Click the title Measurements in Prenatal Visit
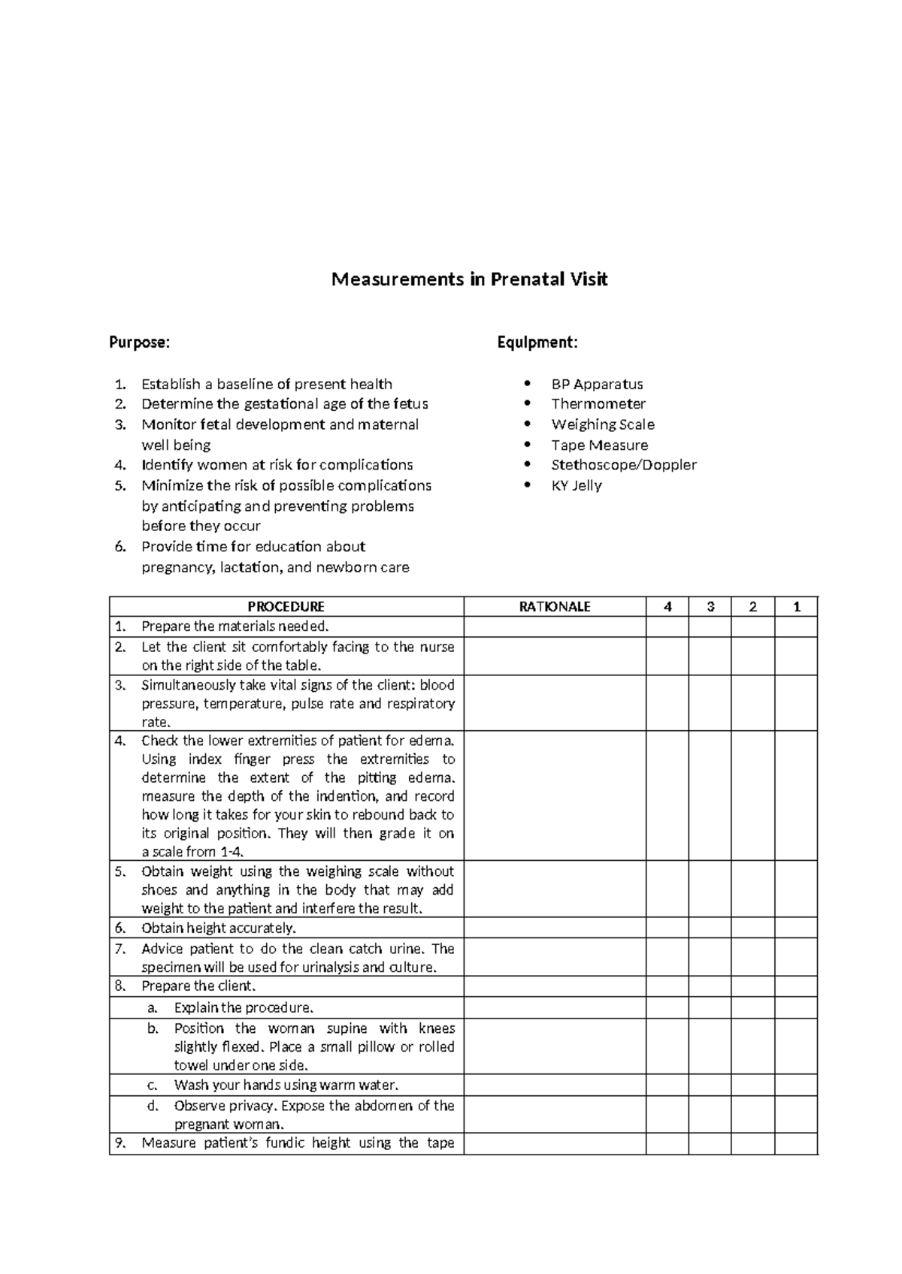pos(470,280)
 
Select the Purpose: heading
pos(140,343)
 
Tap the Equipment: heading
pos(537,343)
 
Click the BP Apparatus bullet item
pos(597,385)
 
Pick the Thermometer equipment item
pos(598,404)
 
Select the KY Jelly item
pos(577,485)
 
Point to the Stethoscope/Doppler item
pos(624,465)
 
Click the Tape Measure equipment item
pos(599,445)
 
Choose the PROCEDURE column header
pos(286,607)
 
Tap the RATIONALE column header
pos(555,607)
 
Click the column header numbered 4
pos(667,607)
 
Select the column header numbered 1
pos(797,607)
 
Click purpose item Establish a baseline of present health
pos(267,385)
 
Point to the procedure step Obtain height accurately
pos(219,928)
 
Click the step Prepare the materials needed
pos(235,626)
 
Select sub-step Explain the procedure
pos(244,1008)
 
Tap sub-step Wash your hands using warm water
pos(286,1085)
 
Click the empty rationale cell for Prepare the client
pos(555,986)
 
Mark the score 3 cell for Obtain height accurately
pos(710,928)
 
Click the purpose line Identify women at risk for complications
pos(277,465)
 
